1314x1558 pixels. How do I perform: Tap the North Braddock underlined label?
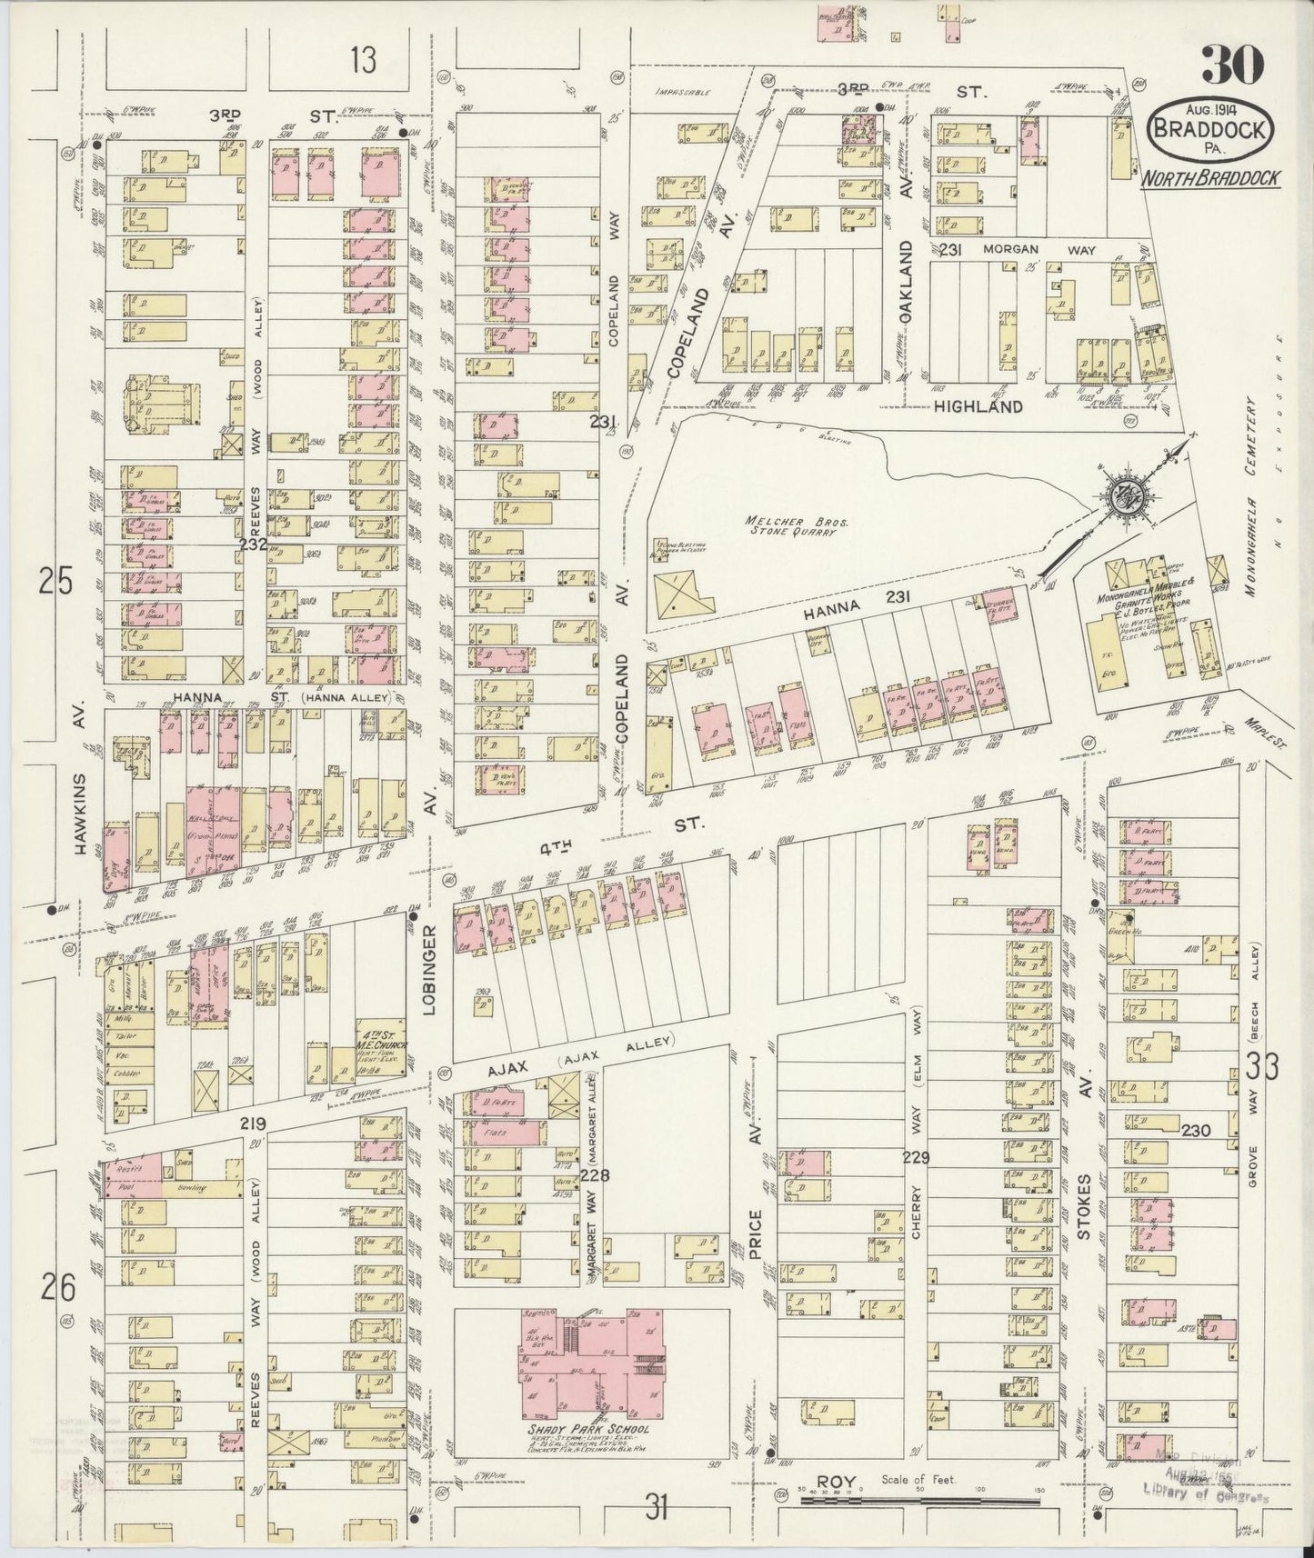(x=1210, y=178)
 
